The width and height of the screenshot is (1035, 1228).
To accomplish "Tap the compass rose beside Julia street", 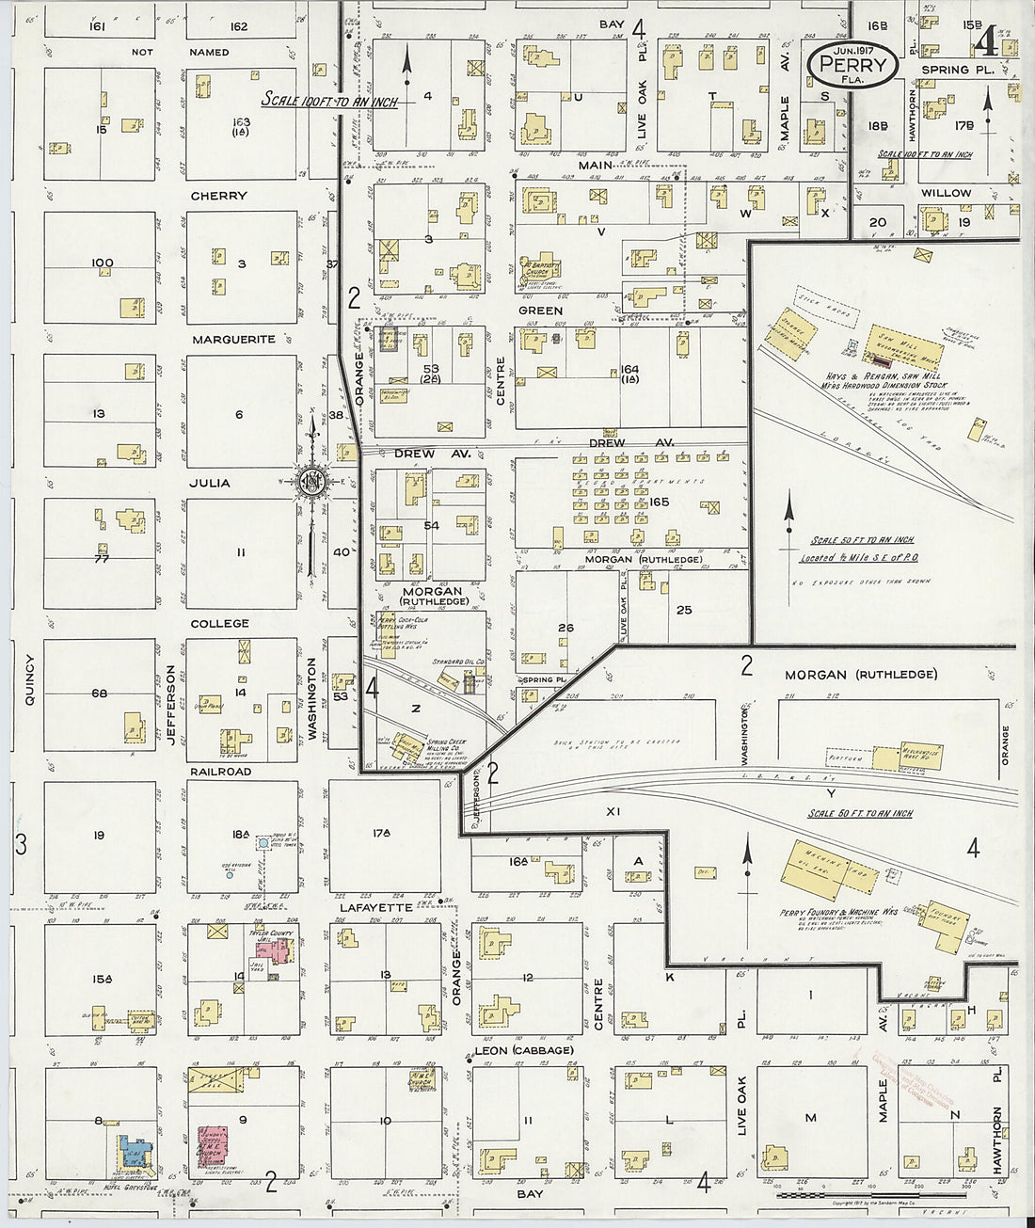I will click(310, 483).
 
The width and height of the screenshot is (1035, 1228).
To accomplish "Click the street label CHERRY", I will click(218, 196).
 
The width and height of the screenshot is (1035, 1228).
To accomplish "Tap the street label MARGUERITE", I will click(233, 339).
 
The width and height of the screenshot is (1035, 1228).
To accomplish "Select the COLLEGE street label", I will click(219, 623).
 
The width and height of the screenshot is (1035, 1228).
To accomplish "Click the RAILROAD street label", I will click(221, 771).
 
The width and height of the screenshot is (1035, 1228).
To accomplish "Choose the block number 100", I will click(102, 263).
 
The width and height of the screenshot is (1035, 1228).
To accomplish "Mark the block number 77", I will click(101, 558).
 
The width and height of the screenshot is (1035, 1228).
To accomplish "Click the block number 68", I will click(99, 694).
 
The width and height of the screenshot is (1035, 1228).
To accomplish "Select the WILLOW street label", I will click(946, 193).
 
